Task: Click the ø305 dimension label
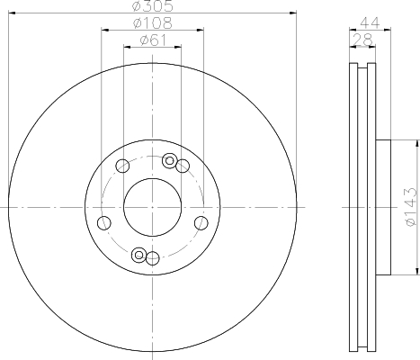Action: click(153, 6)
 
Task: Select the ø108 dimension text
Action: click(153, 23)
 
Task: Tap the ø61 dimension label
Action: click(153, 40)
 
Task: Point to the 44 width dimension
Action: click(370, 23)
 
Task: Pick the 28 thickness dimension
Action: click(362, 40)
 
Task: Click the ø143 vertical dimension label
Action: click(410, 207)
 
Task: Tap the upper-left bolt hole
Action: click(122, 166)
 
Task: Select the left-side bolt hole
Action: click(104, 223)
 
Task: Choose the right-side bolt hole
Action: click(201, 223)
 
